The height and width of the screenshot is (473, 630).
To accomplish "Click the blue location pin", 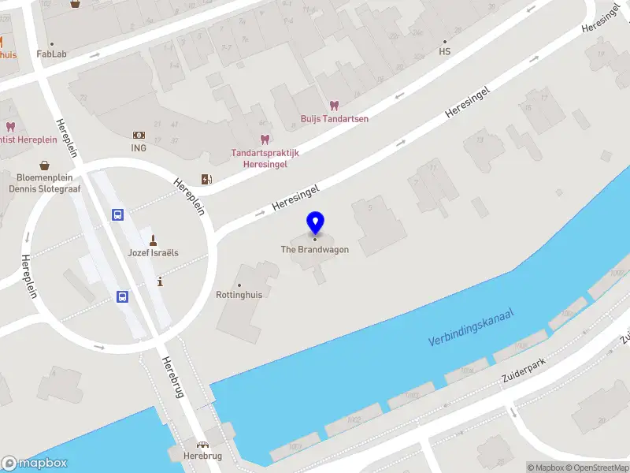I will tap(315, 222).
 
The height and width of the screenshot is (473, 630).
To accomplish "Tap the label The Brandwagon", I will tap(315, 250).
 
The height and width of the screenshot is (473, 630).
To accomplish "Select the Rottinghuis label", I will tap(239, 294).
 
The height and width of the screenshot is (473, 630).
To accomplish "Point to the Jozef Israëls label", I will tap(154, 253).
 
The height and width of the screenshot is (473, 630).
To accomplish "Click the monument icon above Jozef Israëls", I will tap(154, 239).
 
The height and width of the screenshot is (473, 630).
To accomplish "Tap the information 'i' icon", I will tap(161, 281).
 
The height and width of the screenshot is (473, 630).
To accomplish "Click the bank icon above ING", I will tap(139, 135).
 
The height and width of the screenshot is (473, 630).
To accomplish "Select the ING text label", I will tap(139, 147).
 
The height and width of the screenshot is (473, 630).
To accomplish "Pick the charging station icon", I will tap(206, 179).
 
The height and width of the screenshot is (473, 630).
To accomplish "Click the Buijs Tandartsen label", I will tap(335, 119).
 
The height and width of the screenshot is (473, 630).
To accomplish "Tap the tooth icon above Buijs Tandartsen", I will tap(334, 105).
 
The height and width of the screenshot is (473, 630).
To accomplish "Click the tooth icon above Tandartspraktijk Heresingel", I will tap(265, 139).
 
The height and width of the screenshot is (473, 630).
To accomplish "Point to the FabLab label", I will tap(52, 54).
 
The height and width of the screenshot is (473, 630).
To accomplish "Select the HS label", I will tap(444, 52).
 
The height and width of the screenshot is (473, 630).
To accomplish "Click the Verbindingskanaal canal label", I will tap(471, 329).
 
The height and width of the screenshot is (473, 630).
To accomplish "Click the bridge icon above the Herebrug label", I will tap(202, 445).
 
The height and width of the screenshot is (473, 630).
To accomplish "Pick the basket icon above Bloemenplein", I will tap(45, 165).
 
